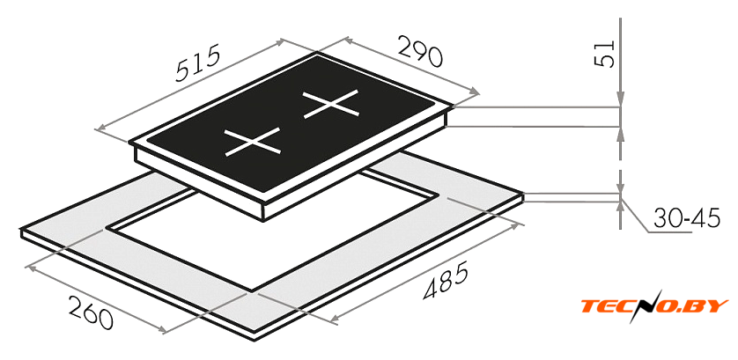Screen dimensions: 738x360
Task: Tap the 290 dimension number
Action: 421,50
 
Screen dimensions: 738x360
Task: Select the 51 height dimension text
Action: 606,54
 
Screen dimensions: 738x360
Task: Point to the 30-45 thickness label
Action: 687,218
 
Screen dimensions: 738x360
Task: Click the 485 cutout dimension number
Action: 446,281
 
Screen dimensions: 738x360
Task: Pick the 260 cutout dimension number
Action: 91,312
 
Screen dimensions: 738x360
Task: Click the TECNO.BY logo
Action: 654,306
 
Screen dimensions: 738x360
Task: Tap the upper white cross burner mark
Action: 331,105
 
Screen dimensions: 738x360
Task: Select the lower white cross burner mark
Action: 252,141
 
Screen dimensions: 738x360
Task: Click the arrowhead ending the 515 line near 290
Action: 281,41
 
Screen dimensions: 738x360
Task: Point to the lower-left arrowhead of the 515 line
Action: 100,127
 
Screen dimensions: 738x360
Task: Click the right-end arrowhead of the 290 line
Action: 475,91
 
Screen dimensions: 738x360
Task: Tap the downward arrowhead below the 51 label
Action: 621,100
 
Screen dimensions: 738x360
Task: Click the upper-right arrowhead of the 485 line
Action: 519,224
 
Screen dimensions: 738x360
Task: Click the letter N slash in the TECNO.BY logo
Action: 644,306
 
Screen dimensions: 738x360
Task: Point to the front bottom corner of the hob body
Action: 262,220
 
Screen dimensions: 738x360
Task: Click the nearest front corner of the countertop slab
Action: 255,340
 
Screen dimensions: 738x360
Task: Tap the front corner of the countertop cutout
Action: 252,290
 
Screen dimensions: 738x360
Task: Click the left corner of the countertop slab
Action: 21,229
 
